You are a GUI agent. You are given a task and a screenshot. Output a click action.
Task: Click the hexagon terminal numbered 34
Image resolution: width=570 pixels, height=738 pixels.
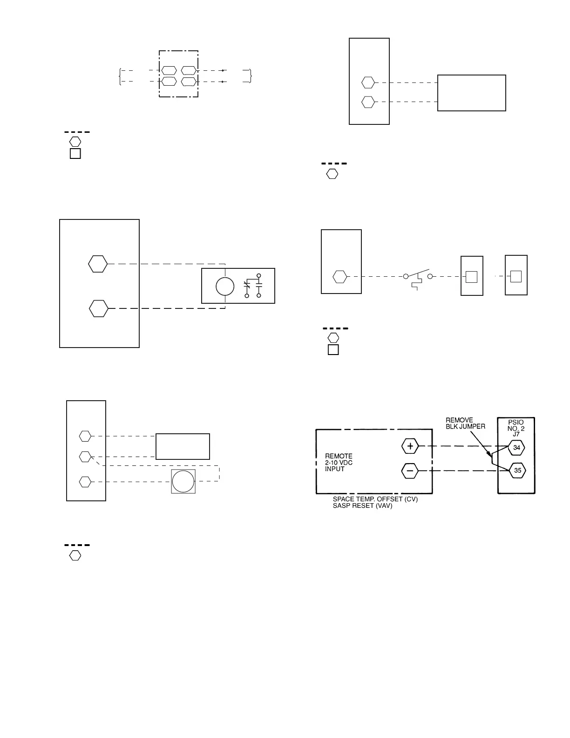pyautogui.click(x=516, y=448)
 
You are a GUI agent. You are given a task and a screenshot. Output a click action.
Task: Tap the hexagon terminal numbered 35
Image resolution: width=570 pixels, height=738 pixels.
pyautogui.click(x=517, y=471)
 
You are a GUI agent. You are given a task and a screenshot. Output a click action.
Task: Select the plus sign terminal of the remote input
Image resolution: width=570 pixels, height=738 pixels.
pyautogui.click(x=410, y=446)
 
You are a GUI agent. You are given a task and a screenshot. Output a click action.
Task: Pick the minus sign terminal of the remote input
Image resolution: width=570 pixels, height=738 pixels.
pyautogui.click(x=410, y=471)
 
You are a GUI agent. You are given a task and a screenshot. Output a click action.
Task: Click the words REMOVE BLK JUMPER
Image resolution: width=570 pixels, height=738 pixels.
pyautogui.click(x=465, y=423)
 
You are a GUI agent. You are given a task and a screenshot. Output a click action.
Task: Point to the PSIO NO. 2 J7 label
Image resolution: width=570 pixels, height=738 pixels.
pyautogui.click(x=516, y=428)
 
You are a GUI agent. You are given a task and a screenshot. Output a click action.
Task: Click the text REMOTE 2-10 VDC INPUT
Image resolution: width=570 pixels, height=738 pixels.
pyautogui.click(x=339, y=463)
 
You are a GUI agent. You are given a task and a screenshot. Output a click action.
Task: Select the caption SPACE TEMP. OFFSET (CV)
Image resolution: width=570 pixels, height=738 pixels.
pyautogui.click(x=375, y=499)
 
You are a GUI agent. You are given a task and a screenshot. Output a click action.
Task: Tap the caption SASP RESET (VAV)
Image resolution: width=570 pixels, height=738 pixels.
pyautogui.click(x=362, y=506)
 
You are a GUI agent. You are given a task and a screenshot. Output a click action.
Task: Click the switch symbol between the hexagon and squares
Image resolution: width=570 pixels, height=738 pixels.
pyautogui.click(x=418, y=277)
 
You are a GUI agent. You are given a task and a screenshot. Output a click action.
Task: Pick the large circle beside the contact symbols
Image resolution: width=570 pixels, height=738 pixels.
pyautogui.click(x=225, y=287)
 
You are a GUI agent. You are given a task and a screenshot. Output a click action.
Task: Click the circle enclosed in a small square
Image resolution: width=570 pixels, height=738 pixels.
pyautogui.click(x=183, y=482)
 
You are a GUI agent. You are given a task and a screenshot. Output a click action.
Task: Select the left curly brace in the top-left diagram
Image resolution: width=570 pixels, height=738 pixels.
pyautogui.click(x=120, y=76)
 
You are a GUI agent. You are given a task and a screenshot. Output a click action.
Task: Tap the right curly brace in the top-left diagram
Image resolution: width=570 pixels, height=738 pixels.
pyautogui.click(x=251, y=76)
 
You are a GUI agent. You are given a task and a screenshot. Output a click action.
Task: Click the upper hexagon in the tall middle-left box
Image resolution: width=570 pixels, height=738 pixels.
pyautogui.click(x=98, y=264)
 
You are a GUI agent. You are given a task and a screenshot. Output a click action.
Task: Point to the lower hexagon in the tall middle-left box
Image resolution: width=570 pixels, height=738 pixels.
pyautogui.click(x=98, y=308)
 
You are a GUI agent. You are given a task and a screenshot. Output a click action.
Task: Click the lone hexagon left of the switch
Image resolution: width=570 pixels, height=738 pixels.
pyautogui.click(x=339, y=277)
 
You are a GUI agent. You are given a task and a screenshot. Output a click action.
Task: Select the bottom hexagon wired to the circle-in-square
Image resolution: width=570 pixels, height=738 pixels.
pyautogui.click(x=85, y=482)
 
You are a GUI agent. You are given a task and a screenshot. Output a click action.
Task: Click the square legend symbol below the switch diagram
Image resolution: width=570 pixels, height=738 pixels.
pyautogui.click(x=333, y=350)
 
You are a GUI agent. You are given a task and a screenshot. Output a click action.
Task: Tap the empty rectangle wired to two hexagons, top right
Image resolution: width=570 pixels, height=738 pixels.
pyautogui.click(x=471, y=93)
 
